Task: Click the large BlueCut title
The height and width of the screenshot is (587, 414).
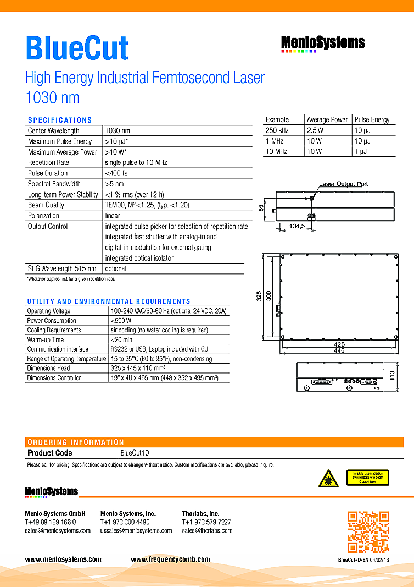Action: tap(77, 48)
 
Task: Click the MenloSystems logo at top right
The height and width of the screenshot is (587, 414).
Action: tap(323, 43)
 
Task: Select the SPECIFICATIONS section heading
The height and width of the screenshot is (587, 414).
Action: tap(60, 120)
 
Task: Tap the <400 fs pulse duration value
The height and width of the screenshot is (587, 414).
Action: tap(117, 173)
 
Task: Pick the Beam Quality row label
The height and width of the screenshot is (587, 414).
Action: tap(46, 205)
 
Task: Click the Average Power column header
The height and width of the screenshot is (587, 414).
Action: tap(327, 120)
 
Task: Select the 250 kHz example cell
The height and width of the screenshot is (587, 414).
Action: tap(277, 130)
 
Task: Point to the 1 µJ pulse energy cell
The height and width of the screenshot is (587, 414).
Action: tap(361, 151)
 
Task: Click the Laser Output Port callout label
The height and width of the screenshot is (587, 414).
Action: tap(344, 184)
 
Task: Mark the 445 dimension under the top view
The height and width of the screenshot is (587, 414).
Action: tap(339, 351)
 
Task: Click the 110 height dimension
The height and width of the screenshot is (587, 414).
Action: tap(392, 376)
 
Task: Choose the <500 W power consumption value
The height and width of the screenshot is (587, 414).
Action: tap(121, 321)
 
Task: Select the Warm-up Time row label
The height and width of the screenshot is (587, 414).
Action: tap(46, 339)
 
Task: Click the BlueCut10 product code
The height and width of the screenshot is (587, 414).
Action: tap(135, 453)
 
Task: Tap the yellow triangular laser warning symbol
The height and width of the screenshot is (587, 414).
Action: tap(328, 479)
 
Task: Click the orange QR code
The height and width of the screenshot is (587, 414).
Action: tap(368, 531)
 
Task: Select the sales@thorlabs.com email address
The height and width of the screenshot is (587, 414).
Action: tap(207, 531)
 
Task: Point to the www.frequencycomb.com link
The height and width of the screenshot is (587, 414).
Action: tap(170, 559)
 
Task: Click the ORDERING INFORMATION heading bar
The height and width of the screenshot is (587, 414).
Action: tap(76, 442)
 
